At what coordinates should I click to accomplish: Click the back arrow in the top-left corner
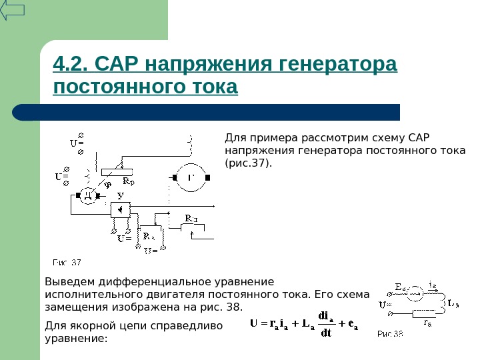pos(13,10)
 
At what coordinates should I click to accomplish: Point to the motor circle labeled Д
pos(87,195)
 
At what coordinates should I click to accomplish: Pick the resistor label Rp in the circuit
pos(129,181)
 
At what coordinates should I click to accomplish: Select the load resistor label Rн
pos(192,219)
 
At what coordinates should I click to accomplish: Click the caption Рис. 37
pos(67,262)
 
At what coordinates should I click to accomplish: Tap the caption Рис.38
pos(391,333)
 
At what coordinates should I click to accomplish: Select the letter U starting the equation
pos(254,325)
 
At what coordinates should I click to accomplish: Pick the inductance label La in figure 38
pos(453,303)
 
